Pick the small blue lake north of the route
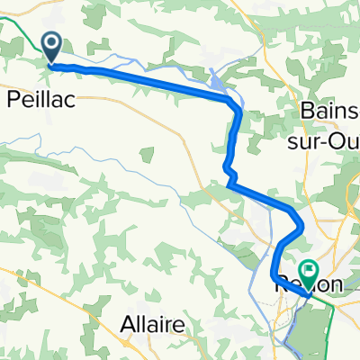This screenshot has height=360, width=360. pos(220,85)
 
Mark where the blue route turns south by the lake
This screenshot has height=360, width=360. pos(238,108)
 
